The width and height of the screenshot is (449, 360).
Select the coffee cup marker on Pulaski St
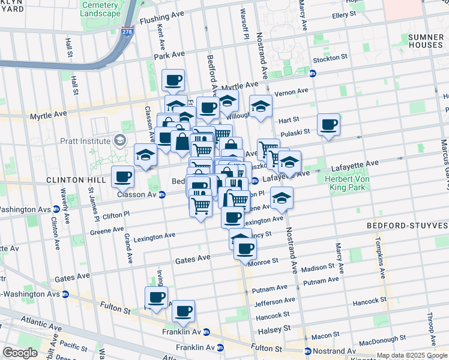[x=328, y=125]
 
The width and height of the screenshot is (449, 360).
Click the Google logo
[x=20, y=353]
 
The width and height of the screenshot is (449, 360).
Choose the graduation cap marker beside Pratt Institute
[x=145, y=155]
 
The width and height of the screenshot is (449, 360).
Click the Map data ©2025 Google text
[x=411, y=355]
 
